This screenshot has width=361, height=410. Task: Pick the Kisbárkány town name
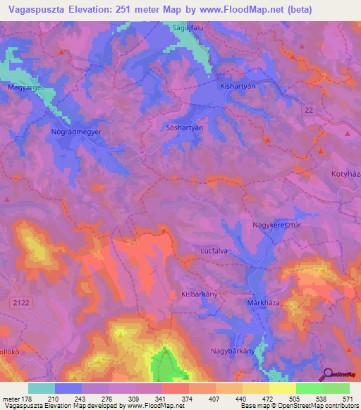(x=199, y=294)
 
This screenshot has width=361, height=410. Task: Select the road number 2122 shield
(x=20, y=302)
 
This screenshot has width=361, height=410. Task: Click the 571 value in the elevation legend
(x=346, y=399)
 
